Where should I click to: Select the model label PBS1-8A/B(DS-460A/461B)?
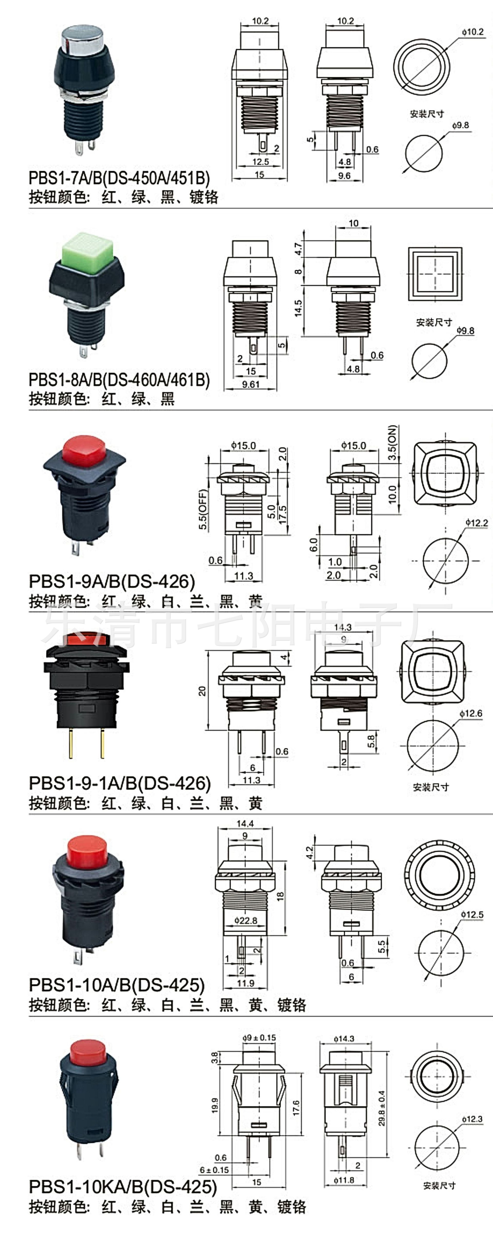(119, 380)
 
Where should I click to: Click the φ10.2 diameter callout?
(472, 32)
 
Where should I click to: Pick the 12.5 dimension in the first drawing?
(261, 162)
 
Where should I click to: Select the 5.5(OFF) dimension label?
(203, 509)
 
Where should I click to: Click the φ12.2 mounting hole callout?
(476, 523)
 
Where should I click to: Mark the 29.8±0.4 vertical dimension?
(382, 1108)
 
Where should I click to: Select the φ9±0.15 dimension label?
(259, 1038)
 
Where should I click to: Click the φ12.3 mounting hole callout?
(472, 1119)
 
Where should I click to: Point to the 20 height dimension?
(202, 691)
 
